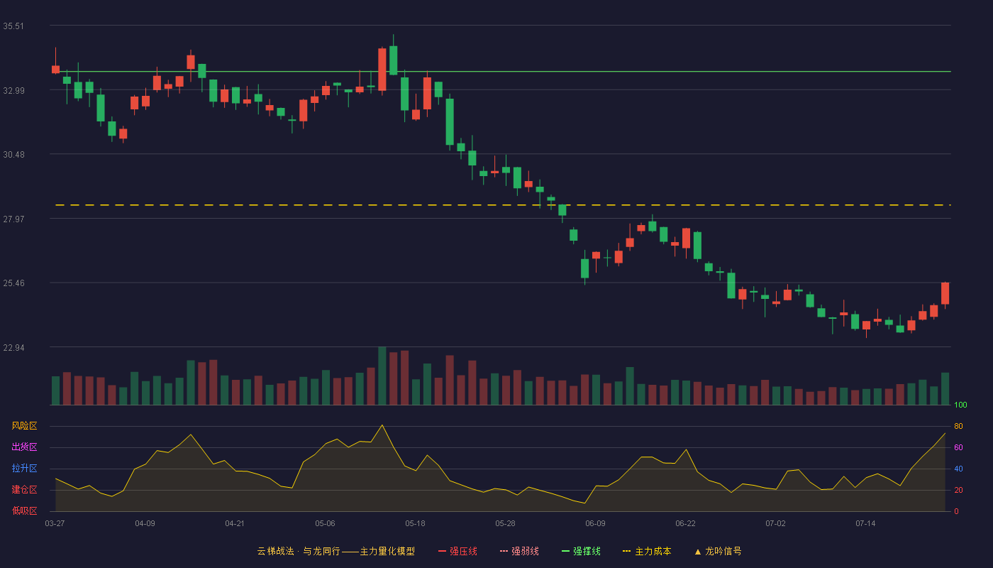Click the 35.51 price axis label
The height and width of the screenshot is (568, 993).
point(13,26)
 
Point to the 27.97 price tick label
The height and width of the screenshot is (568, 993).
point(13,219)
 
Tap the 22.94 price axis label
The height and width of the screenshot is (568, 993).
point(13,348)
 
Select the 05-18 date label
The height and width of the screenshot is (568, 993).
point(415,524)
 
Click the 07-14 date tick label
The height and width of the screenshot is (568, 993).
point(865,524)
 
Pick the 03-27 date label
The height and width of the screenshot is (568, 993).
point(55,524)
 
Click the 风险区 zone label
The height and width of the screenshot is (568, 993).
point(24,426)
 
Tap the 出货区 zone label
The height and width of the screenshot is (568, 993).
point(24,447)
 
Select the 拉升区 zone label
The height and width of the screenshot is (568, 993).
point(24,468)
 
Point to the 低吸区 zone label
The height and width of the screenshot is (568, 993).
point(24,510)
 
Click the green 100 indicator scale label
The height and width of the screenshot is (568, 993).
point(960,405)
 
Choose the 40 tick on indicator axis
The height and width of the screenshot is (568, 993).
point(958,469)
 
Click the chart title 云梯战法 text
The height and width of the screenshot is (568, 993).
point(275,551)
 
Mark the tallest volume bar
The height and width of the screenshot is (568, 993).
point(382,376)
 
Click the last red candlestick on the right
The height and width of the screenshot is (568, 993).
point(945,293)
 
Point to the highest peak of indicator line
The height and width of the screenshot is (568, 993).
point(382,425)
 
